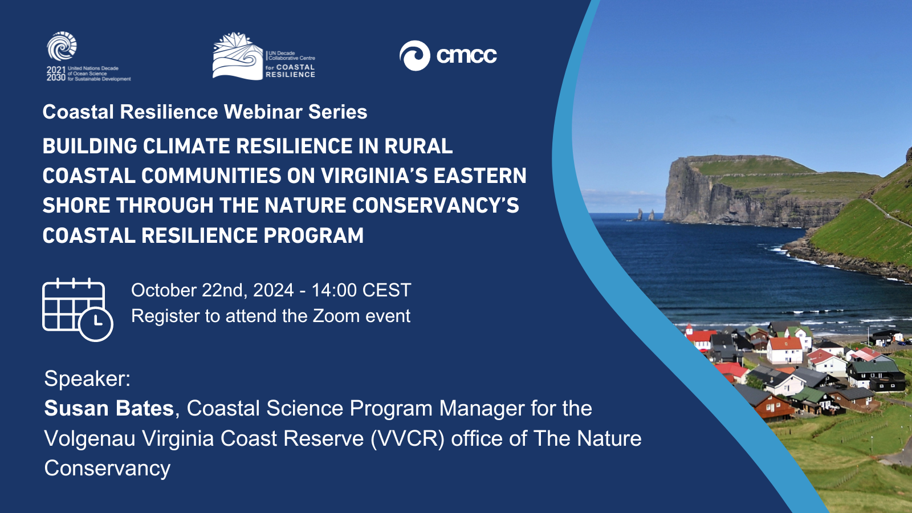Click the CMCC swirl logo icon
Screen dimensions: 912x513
pyautogui.click(x=414, y=56)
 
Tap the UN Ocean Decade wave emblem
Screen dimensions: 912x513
pyautogui.click(x=62, y=46)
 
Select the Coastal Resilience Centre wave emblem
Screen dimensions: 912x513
pyautogui.click(x=238, y=56)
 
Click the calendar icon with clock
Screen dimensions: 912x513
pyautogui.click(x=78, y=310)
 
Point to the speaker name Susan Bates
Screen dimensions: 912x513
pyautogui.click(x=109, y=408)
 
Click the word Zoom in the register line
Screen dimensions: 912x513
pyautogui.click(x=336, y=316)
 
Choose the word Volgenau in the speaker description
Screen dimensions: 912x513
pyautogui.click(x=89, y=439)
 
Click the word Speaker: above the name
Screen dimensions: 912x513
pyautogui.click(x=88, y=378)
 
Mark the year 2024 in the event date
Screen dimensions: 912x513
pyautogui.click(x=273, y=290)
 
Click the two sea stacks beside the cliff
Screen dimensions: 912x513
pyautogui.click(x=645, y=214)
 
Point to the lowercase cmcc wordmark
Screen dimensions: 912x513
pyautogui.click(x=467, y=56)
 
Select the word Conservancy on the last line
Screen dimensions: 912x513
pyautogui.click(x=107, y=468)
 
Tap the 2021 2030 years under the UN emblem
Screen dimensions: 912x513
pyautogui.click(x=56, y=74)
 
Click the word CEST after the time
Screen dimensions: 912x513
pyautogui.click(x=387, y=290)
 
